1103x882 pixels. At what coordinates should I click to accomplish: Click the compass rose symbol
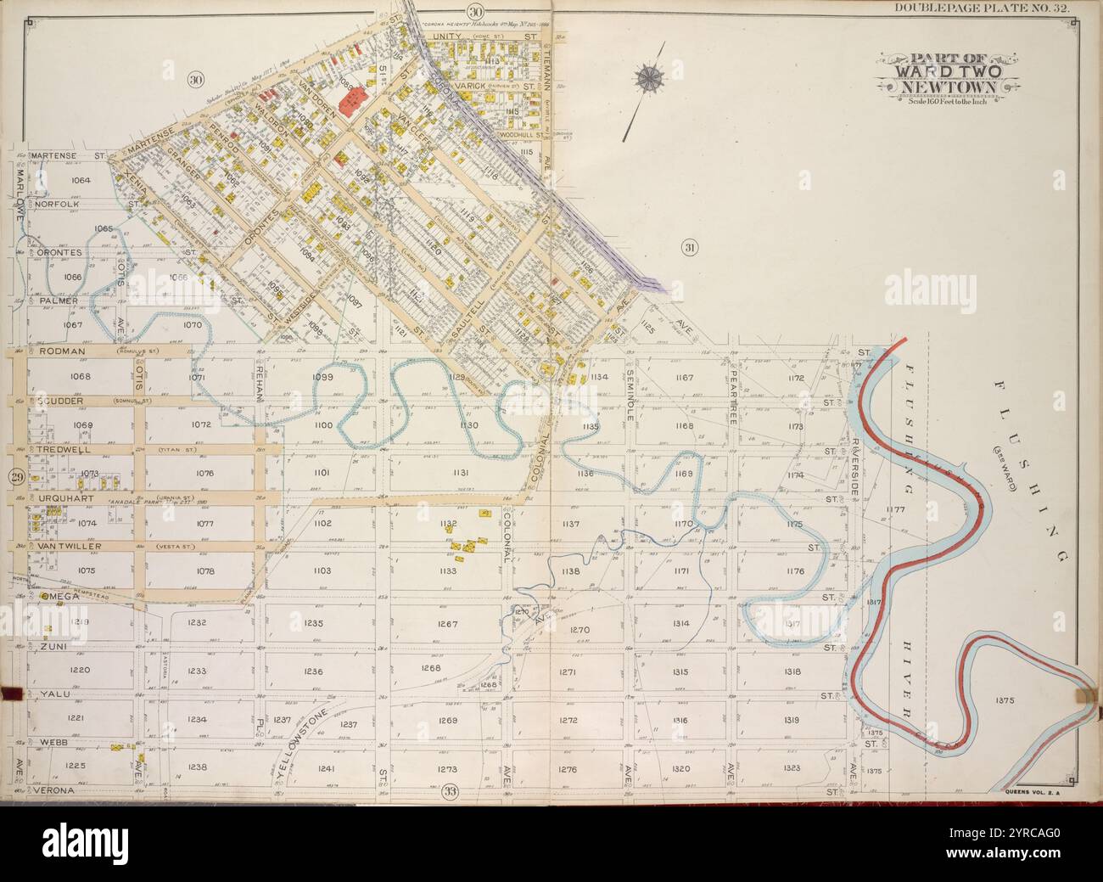point(651,79)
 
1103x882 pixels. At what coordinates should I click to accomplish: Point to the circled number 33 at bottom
point(450,793)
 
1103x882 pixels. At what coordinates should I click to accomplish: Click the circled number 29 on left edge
point(17,478)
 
